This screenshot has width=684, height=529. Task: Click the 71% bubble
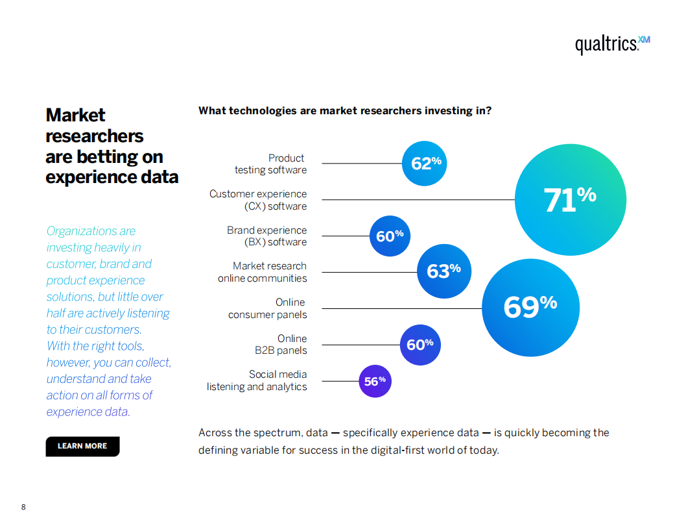[x=570, y=200]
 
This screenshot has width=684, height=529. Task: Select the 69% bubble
[x=530, y=308]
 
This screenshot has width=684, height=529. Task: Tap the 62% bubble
[x=424, y=164]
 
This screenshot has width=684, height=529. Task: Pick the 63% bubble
[x=444, y=271]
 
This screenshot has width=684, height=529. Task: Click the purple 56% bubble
[x=375, y=381]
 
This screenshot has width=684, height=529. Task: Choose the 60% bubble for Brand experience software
[x=390, y=236]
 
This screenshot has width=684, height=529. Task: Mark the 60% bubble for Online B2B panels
[x=420, y=345]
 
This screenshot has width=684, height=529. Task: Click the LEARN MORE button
[x=82, y=446]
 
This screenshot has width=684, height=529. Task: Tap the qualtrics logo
[x=613, y=44]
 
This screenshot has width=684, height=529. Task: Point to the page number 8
[x=23, y=507]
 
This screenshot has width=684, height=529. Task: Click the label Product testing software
[x=270, y=164]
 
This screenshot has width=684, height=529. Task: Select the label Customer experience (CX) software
[x=258, y=200]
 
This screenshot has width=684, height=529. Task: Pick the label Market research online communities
[x=262, y=272]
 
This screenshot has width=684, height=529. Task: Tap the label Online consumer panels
[x=267, y=308]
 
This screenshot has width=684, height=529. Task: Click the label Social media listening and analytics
[x=257, y=380]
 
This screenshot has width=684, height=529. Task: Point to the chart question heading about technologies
[x=345, y=110]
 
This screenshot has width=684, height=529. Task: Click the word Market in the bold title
[x=75, y=115]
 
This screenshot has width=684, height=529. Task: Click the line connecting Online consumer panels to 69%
[x=402, y=308]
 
